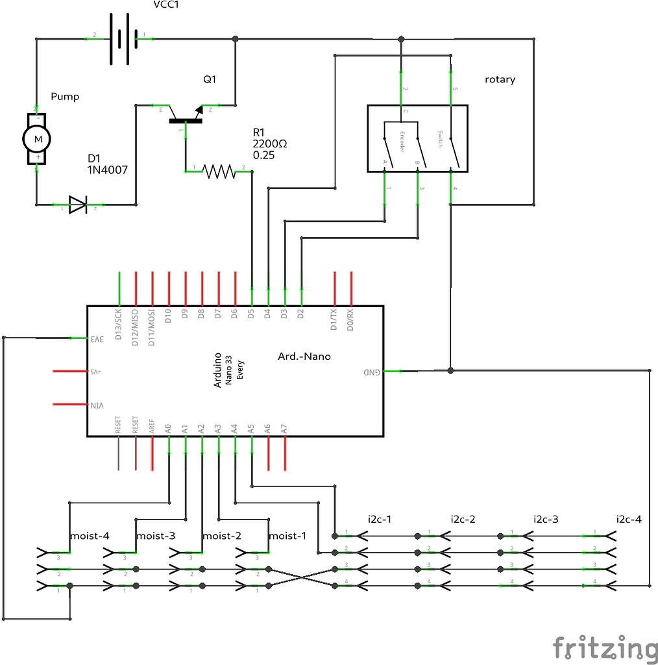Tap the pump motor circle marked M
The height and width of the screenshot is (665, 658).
tap(37, 138)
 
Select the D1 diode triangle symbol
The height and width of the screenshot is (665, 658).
tap(78, 205)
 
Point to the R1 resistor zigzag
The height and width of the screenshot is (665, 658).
tap(219, 171)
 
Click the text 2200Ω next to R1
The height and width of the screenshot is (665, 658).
tap(270, 144)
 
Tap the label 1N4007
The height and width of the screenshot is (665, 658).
tap(107, 170)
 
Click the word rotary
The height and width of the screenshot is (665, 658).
tap(500, 79)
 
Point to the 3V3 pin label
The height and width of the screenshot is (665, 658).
tap(97, 338)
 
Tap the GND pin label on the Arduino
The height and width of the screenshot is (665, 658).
tap(371, 371)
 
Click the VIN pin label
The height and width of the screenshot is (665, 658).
tap(97, 405)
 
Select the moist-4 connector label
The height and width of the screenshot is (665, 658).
tap(89, 536)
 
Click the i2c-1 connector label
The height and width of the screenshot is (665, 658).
tap(379, 519)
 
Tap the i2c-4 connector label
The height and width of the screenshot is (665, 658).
tap(628, 519)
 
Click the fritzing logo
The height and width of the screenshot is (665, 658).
tap(604, 648)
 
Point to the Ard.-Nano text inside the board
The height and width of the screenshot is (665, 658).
tap(304, 356)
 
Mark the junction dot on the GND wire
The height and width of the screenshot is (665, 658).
tap(450, 371)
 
